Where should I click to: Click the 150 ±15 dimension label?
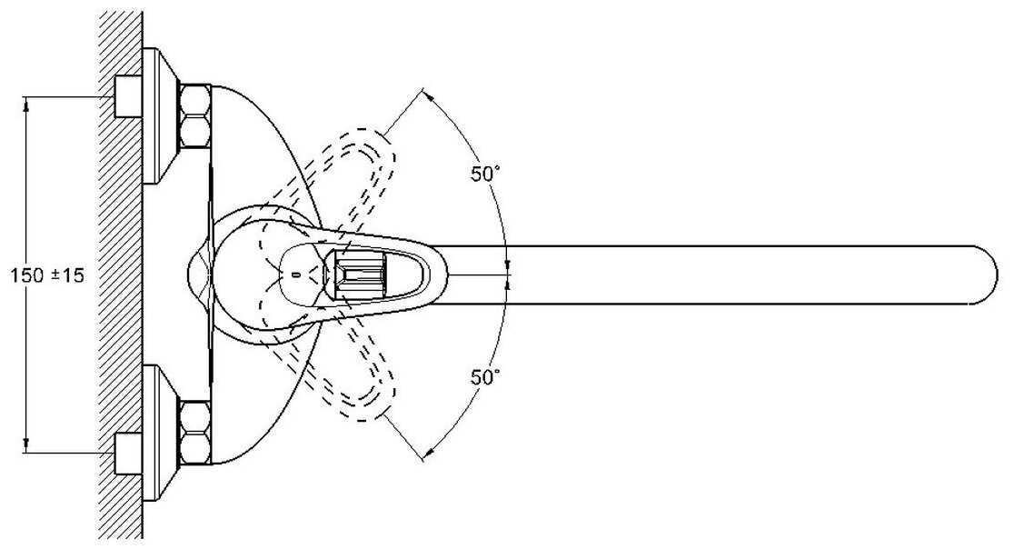(x=45, y=274)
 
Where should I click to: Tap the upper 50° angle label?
(x=485, y=175)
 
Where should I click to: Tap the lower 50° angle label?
(x=485, y=376)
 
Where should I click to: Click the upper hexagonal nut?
(x=194, y=115)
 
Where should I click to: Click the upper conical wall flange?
(x=161, y=115)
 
